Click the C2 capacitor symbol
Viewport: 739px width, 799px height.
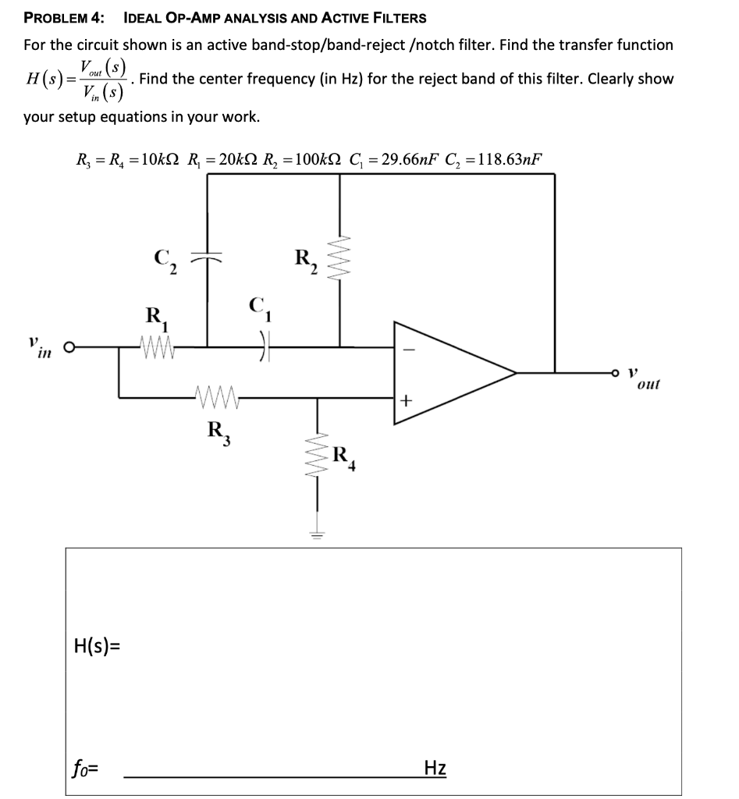point(208,256)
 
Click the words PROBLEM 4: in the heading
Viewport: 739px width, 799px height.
point(63,17)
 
